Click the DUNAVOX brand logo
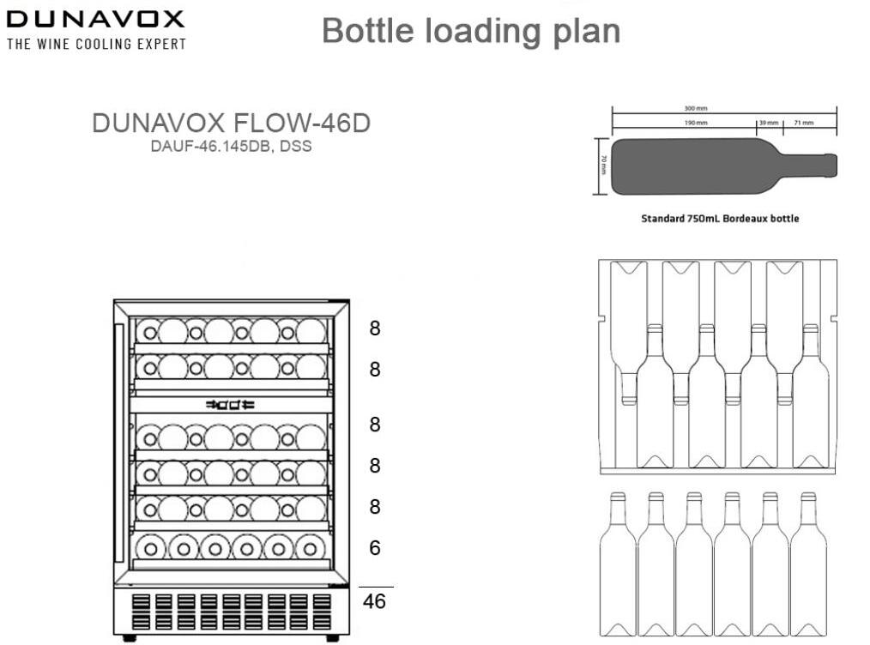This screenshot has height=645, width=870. point(95,19)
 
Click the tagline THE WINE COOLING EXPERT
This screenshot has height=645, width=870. point(95,44)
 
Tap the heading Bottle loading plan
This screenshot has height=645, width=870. point(470,31)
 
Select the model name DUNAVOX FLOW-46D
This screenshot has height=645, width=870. point(231,124)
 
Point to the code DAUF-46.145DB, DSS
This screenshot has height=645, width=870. point(231,146)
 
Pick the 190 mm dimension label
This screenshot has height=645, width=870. point(695,124)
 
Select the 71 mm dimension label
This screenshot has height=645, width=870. point(805,124)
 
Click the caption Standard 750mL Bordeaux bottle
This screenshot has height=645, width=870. point(720,219)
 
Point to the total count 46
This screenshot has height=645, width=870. point(374,601)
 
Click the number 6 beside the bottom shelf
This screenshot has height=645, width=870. point(374,547)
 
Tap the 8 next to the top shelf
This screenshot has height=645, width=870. point(374,328)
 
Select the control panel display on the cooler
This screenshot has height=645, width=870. point(230,404)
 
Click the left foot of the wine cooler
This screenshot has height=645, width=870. point(129,637)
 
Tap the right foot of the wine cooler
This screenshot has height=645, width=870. point(332,637)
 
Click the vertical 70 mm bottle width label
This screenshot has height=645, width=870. point(603,165)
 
